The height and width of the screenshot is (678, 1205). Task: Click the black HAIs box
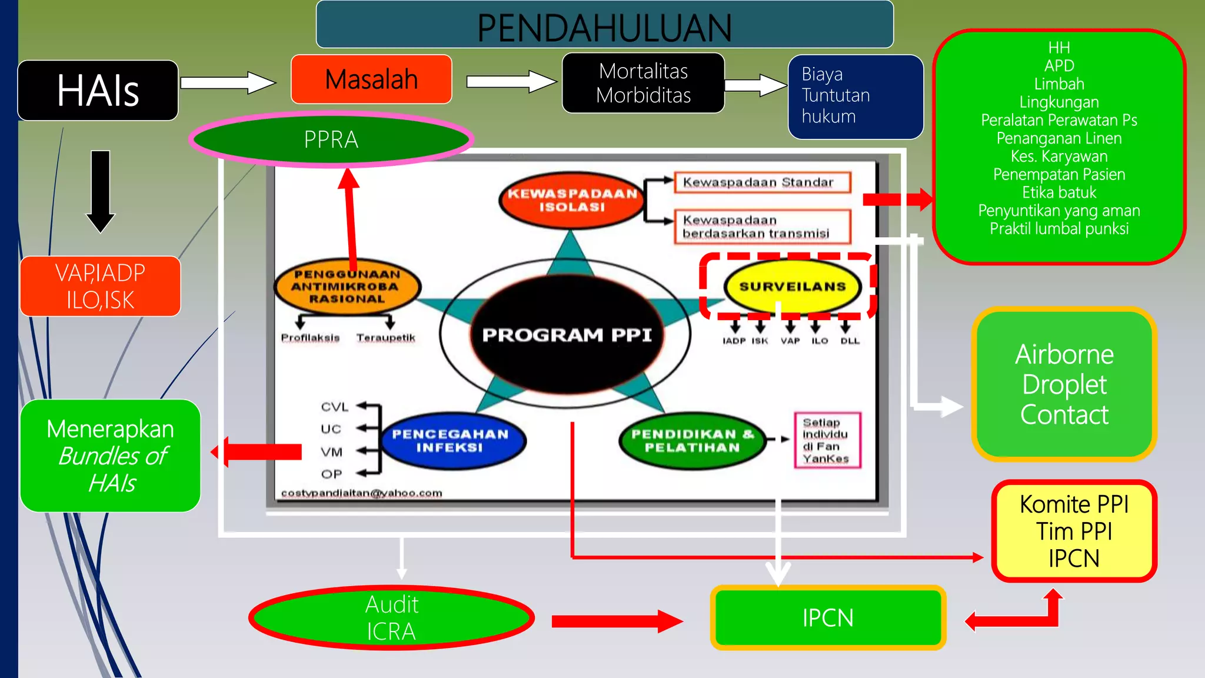(x=98, y=91)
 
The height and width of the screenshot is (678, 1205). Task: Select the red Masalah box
(x=371, y=79)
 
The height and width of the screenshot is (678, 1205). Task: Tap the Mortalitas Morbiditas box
(x=643, y=83)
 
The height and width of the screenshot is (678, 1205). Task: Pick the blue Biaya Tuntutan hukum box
(x=856, y=97)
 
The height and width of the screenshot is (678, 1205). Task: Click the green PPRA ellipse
(x=331, y=140)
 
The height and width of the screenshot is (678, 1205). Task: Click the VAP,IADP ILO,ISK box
(x=100, y=287)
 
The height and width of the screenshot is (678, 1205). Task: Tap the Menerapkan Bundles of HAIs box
(x=111, y=456)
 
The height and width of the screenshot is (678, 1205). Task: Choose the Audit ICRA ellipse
(x=391, y=617)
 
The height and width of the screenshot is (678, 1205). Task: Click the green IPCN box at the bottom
(x=828, y=618)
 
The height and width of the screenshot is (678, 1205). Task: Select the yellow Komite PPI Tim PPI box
(x=1074, y=531)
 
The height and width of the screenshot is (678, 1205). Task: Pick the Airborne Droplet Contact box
(x=1064, y=384)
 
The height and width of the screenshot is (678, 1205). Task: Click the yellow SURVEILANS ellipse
(x=792, y=287)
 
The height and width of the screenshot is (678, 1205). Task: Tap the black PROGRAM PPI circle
(x=566, y=334)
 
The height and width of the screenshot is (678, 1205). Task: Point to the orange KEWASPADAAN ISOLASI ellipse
(x=572, y=200)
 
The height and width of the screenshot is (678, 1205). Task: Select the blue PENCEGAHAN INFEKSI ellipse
(x=450, y=441)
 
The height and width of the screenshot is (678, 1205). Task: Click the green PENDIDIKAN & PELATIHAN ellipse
(x=692, y=441)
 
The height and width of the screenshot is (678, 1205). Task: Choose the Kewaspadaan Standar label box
(x=762, y=182)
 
